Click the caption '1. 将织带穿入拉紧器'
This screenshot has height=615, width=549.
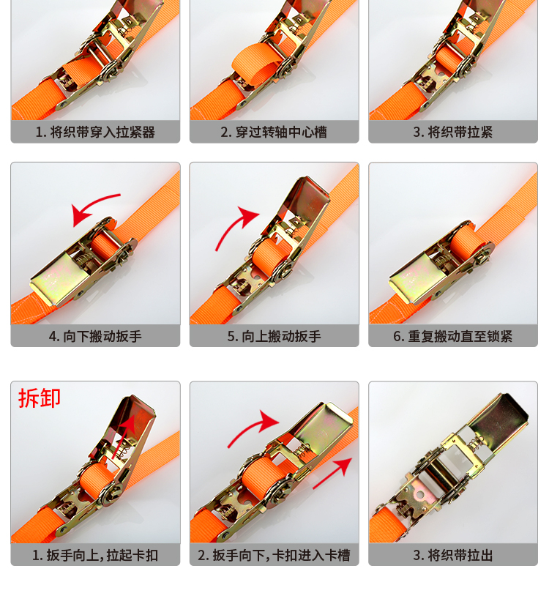[95, 133]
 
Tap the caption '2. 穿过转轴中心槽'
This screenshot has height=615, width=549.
[274, 133]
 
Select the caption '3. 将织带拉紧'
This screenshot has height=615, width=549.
[453, 133]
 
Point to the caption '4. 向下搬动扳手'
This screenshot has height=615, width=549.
[95, 337]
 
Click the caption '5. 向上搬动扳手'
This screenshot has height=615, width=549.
[274, 337]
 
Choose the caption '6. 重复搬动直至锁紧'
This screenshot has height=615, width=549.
[453, 337]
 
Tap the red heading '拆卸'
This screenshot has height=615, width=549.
[40, 398]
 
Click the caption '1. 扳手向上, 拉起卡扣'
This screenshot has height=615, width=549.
[95, 556]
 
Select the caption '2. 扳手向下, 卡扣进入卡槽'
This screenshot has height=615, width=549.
[274, 556]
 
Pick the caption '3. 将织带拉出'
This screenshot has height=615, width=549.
[453, 556]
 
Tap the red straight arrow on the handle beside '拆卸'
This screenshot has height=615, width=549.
[124, 436]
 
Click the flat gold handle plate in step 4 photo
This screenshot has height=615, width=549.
[59, 279]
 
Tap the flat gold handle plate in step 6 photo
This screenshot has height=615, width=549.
[419, 278]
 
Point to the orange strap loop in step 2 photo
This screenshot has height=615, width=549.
[257, 64]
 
